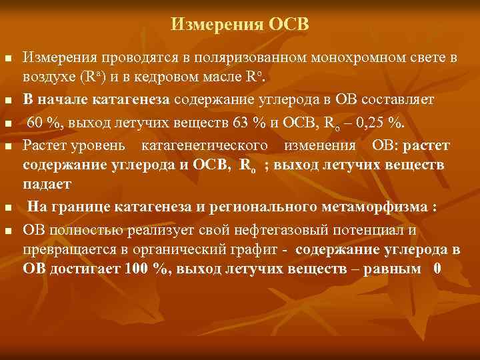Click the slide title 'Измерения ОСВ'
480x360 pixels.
click(x=240, y=25)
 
